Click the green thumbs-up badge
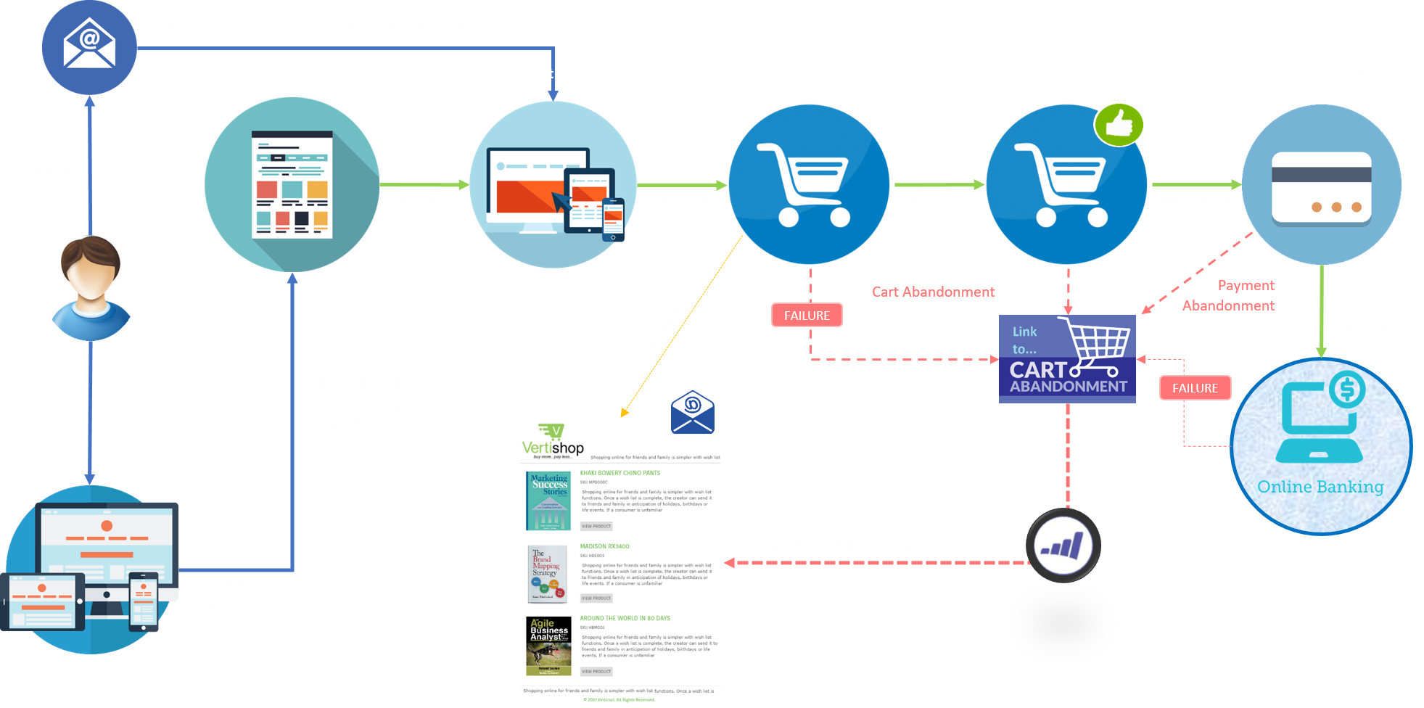coord(1118,124)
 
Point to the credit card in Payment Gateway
coord(1321,186)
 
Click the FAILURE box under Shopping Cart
coord(807,316)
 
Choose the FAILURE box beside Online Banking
coord(1195,388)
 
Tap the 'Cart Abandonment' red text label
coord(933,292)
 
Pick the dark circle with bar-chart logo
coord(1063,546)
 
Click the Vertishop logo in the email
coord(553,441)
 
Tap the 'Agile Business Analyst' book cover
coord(548,646)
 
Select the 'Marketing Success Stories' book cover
coord(548,501)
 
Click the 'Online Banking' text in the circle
coord(1320,487)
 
